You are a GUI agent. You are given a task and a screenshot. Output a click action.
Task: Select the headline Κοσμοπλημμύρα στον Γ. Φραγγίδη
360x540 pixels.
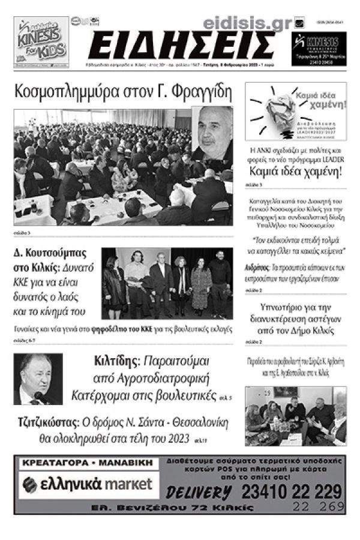pos(124,92)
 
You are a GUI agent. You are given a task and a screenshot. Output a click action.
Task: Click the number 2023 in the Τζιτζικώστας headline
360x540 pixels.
pos(174,437)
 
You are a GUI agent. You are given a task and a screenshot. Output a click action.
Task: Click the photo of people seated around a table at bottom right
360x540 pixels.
pos(295,416)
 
